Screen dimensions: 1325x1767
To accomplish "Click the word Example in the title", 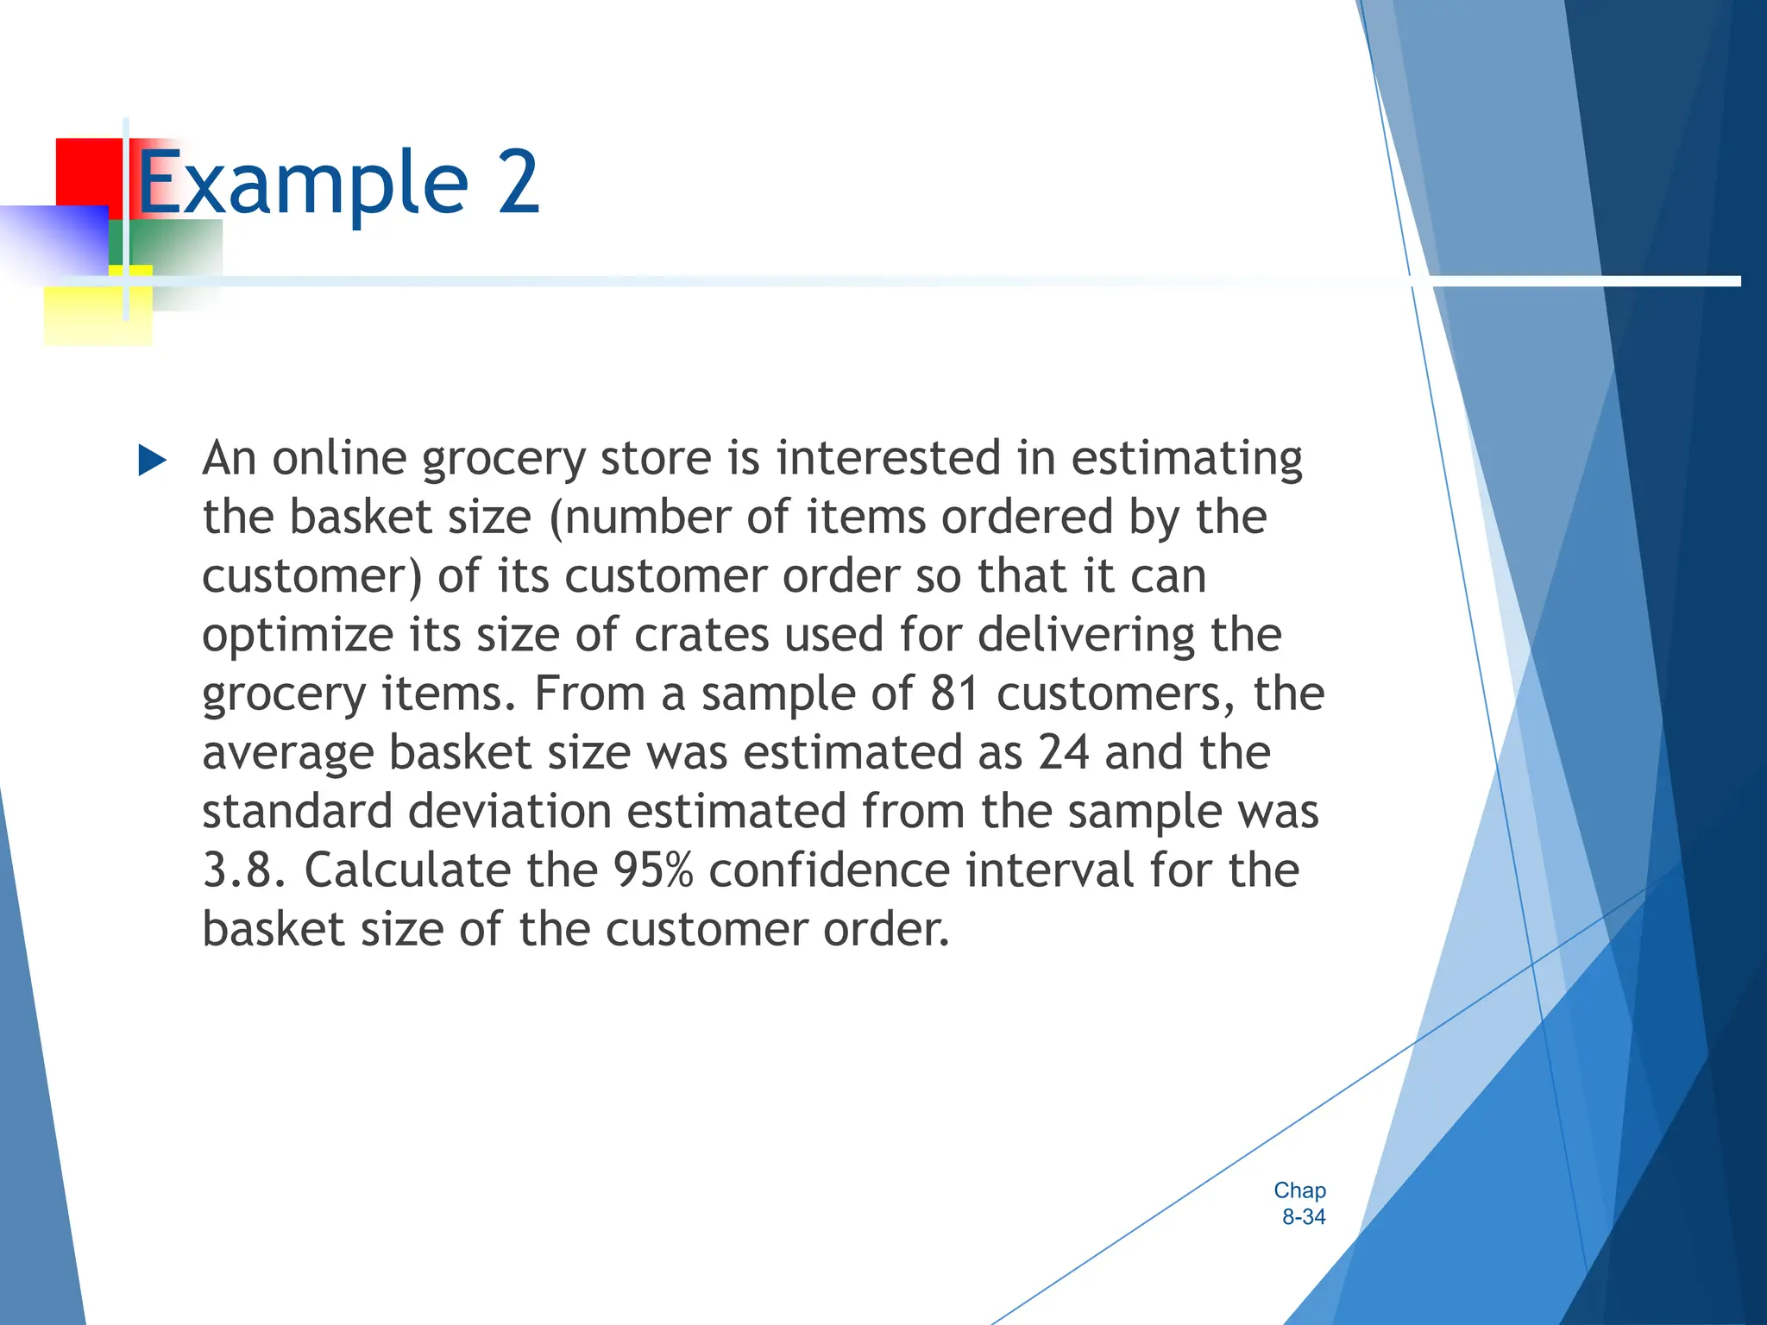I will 302,183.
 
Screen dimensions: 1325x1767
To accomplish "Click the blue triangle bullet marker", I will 152,461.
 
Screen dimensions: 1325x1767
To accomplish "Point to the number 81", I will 954,693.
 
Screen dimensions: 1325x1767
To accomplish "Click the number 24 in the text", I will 1063,751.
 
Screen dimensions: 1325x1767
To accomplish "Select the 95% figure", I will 653,870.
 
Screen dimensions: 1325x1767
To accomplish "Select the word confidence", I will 829,870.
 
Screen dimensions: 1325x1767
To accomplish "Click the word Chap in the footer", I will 1299,1190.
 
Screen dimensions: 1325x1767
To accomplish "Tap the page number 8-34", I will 1303,1217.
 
